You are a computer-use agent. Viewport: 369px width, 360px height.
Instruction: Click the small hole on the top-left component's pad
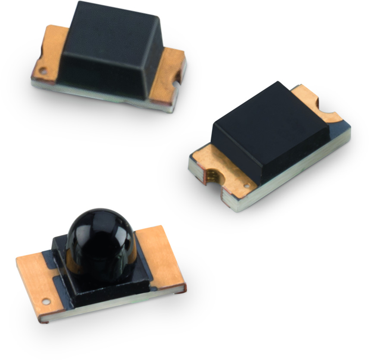[42, 69]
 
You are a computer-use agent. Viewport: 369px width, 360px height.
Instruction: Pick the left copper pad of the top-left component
[50, 52]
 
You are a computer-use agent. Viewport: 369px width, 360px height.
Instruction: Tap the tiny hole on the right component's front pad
[246, 186]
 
